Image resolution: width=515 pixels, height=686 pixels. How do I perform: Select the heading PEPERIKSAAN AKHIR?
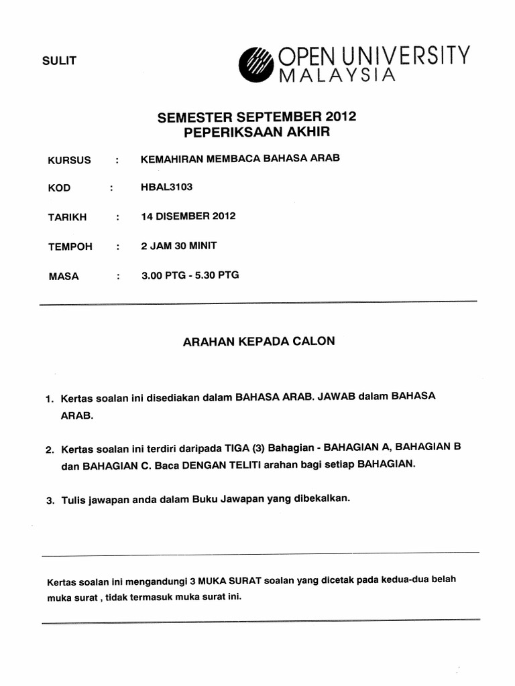(257, 132)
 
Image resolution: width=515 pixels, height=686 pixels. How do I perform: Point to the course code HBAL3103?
(166, 187)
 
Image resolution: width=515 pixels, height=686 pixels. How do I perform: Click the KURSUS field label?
(69, 161)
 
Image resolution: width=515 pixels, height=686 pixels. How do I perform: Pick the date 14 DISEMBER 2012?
(188, 216)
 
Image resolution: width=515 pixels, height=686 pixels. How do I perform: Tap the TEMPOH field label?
(70, 247)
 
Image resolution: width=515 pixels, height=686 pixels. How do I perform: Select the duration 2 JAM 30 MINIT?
(178, 246)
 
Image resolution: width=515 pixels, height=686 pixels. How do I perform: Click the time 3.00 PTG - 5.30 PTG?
(190, 275)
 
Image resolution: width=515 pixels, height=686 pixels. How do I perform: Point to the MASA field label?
(63, 276)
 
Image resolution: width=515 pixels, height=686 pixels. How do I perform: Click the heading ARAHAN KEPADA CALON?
(259, 341)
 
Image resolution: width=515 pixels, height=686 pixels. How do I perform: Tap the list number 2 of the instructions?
(50, 450)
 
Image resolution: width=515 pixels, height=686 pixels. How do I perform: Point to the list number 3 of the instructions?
(50, 500)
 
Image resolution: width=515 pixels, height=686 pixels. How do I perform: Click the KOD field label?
(59, 188)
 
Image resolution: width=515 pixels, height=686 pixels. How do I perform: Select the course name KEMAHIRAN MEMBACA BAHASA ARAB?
(240, 159)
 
